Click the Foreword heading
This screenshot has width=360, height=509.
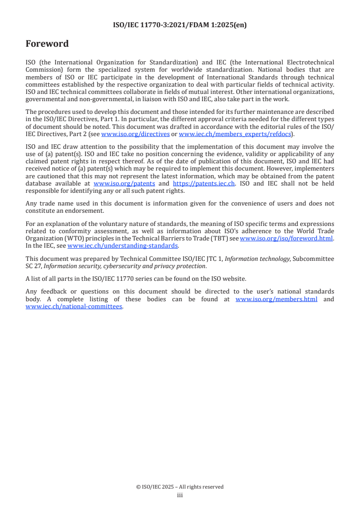[47, 44]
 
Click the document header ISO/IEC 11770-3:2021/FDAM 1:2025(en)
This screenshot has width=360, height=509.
[180, 25]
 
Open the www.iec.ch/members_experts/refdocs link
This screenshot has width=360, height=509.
[235, 134]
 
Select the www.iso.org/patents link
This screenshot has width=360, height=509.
[124, 184]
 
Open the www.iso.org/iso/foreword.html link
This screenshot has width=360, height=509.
[286, 239]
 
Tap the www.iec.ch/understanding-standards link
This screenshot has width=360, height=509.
[123, 245]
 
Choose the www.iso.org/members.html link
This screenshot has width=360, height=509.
[276, 299]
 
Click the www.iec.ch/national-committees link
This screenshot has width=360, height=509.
[74, 306]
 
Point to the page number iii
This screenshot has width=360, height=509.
[180, 495]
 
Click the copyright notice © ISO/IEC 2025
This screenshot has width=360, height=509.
[180, 487]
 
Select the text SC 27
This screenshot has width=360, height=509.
[33, 266]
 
